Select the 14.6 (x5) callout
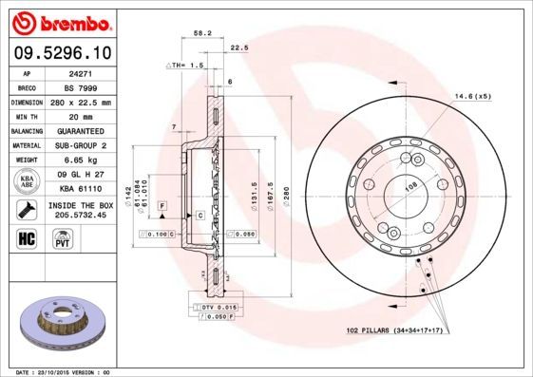(472, 96)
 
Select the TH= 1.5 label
(185, 65)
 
